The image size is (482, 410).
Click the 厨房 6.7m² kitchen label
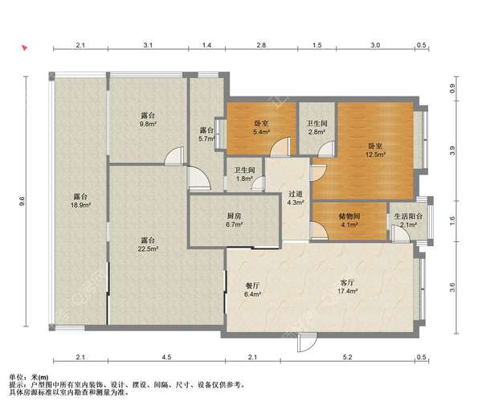click(235, 220)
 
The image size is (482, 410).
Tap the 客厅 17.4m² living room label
click(347, 287)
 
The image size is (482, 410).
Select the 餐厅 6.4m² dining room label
click(252, 289)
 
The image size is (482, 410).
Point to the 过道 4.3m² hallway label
click(296, 198)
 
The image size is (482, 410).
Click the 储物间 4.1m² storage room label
click(349, 220)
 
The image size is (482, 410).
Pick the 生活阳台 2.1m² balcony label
click(409, 220)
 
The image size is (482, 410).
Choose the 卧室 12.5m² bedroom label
click(375, 150)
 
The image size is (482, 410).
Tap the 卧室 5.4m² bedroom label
click(261, 128)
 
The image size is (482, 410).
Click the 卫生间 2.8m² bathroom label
click(317, 128)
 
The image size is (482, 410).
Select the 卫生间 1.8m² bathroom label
click(244, 174)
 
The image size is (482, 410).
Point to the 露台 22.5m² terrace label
click(148, 244)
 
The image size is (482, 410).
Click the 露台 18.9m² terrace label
click(80, 200)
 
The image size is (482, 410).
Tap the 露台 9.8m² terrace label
click(148, 120)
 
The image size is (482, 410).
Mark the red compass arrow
click(24, 47)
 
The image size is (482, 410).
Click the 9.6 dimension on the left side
click(22, 201)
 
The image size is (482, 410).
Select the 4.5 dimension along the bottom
click(166, 357)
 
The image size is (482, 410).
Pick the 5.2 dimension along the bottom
click(347, 357)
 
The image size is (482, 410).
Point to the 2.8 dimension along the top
click(261, 45)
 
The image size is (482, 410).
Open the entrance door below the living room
click(307, 342)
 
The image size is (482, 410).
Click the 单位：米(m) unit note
click(29, 377)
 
